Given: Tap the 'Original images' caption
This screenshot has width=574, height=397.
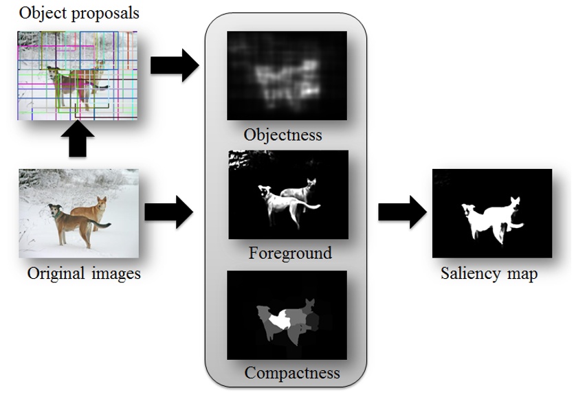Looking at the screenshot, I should tap(84, 273).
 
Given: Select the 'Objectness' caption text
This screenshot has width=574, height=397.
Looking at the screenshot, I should tap(283, 134).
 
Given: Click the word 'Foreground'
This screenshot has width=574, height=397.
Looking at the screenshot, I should tap(290, 253).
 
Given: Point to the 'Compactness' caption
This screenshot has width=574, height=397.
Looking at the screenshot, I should tap(292, 373).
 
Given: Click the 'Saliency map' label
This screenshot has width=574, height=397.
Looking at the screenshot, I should tap(489, 274).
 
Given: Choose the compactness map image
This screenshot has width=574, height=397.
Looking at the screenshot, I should tap(287, 315).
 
